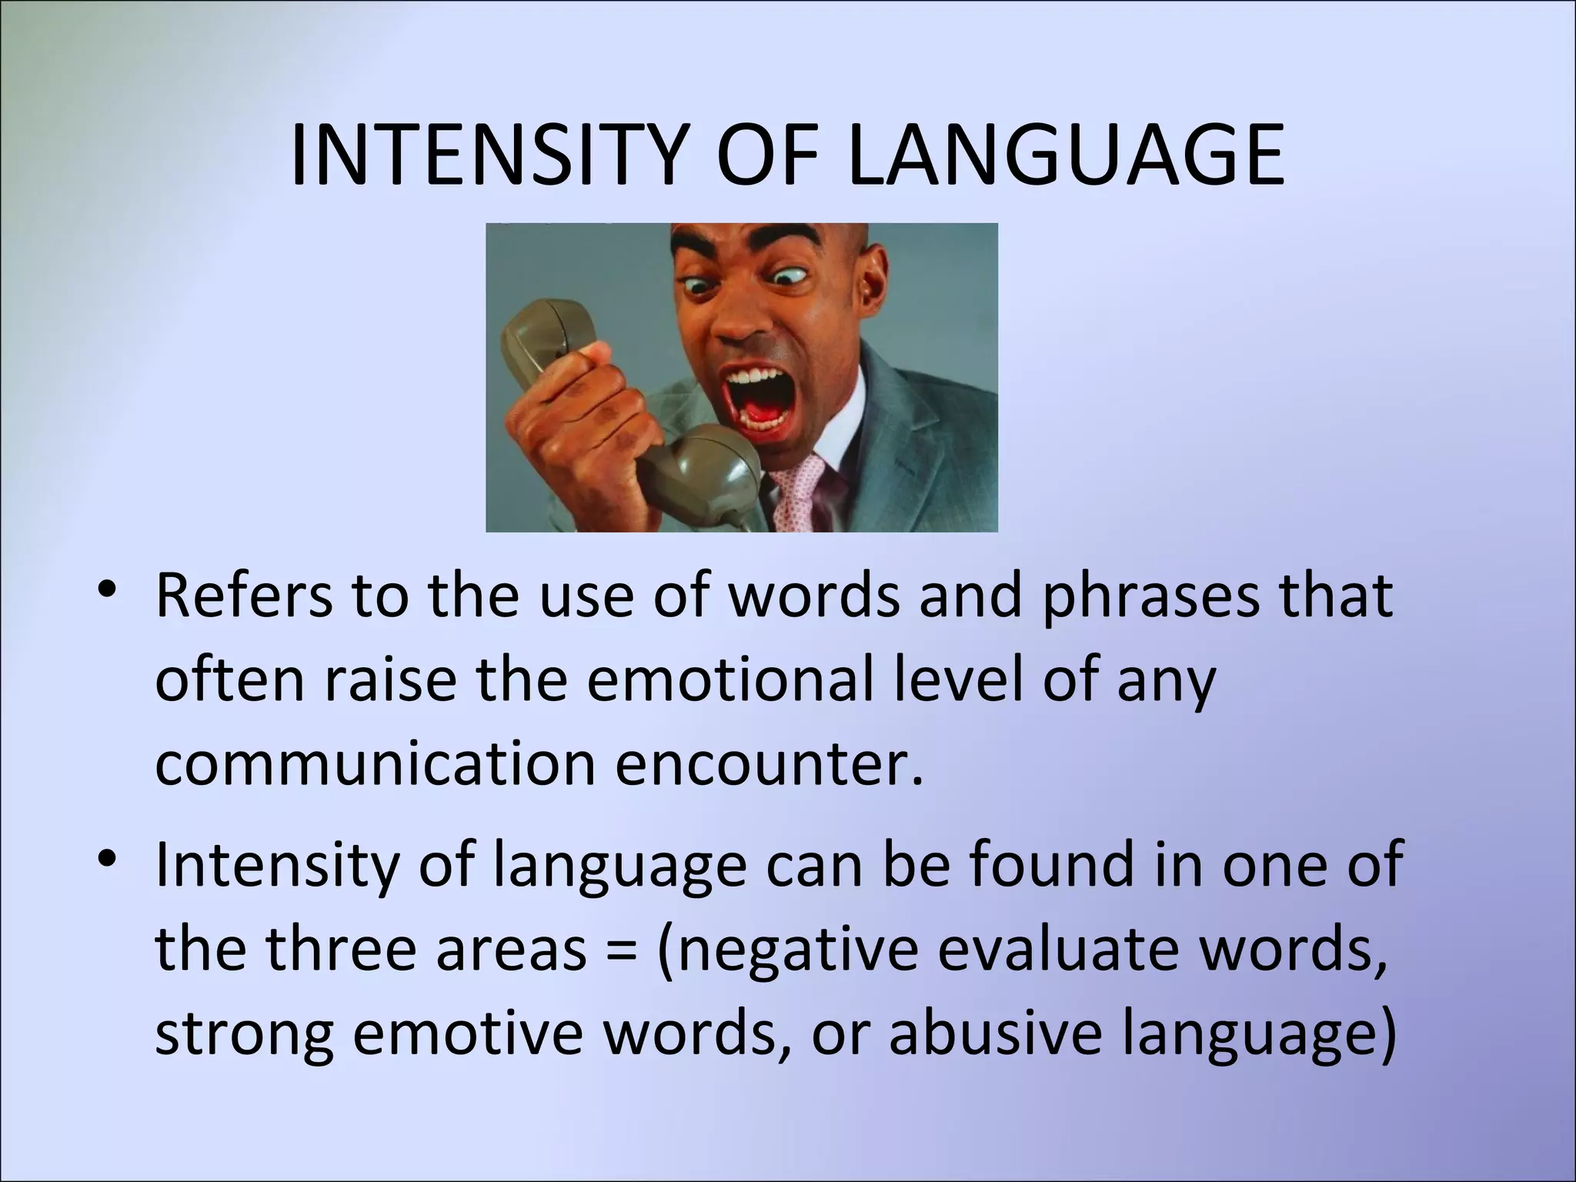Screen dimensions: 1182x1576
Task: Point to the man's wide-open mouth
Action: pyautogui.click(x=758, y=396)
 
